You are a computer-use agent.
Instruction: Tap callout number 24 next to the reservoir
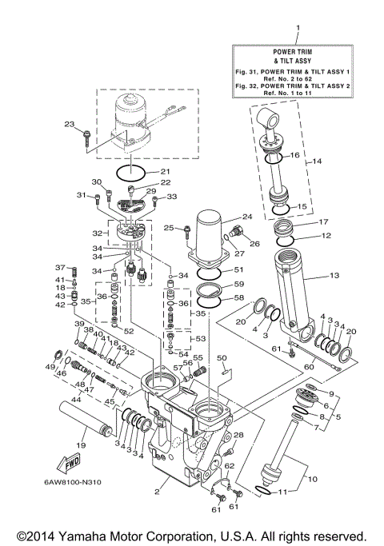tap(246, 216)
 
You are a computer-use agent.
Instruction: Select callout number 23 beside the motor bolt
tap(69, 124)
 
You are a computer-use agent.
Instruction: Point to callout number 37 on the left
tap(59, 267)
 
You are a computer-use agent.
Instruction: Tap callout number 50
tap(222, 357)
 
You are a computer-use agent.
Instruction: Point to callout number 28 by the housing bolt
tap(238, 434)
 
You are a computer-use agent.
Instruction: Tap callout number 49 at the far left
tap(50, 366)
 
